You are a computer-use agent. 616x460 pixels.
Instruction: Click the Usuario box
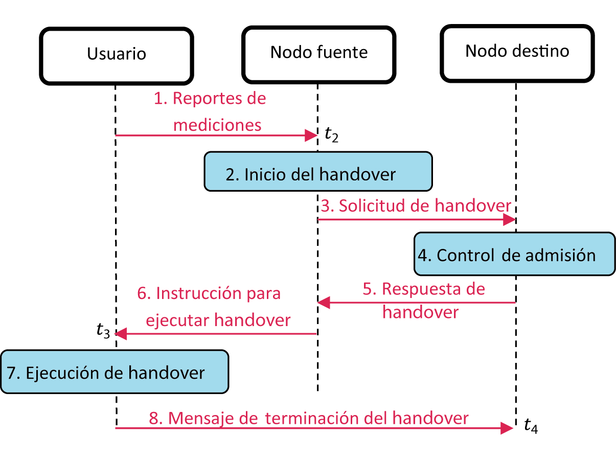tap(117, 55)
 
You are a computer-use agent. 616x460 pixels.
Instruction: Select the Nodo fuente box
tap(319, 54)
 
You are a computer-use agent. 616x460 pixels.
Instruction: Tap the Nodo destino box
tap(517, 53)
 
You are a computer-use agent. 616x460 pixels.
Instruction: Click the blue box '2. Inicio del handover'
tap(318, 172)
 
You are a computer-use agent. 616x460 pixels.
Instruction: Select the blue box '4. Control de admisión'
tap(514, 254)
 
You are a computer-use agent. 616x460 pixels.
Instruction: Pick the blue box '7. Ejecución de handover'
tap(113, 372)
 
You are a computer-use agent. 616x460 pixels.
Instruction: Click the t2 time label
tap(331, 135)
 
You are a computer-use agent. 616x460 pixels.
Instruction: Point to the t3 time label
tap(103, 331)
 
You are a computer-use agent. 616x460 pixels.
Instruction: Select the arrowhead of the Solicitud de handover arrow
tap(509, 220)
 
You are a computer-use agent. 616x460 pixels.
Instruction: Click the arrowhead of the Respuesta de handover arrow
tap(324, 303)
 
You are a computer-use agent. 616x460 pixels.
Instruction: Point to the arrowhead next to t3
tap(121, 334)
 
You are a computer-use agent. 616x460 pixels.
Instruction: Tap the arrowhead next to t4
tap(506, 428)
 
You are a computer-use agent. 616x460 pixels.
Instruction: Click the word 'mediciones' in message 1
tap(217, 125)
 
